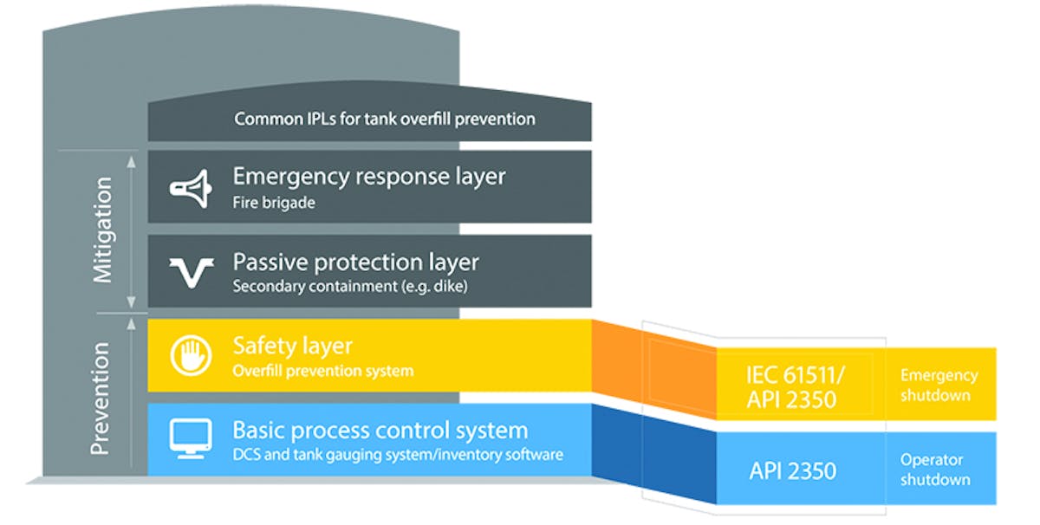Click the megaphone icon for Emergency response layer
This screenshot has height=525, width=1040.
click(192, 188)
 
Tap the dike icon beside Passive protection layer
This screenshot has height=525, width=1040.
click(192, 272)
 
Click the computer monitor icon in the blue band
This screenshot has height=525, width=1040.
click(192, 439)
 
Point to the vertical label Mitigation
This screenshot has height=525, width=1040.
click(103, 230)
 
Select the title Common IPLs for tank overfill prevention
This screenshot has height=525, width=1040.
click(384, 119)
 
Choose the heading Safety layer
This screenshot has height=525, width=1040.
click(292, 346)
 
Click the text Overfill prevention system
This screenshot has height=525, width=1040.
click(322, 371)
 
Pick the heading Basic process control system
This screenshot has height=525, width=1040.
click(380, 430)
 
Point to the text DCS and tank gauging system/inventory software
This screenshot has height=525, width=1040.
click(398, 454)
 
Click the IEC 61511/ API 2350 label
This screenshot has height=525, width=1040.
click(792, 386)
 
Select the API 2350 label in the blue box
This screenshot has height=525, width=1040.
click(792, 470)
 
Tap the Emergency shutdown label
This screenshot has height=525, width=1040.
click(938, 385)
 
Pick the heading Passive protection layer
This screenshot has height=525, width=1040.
click(355, 262)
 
